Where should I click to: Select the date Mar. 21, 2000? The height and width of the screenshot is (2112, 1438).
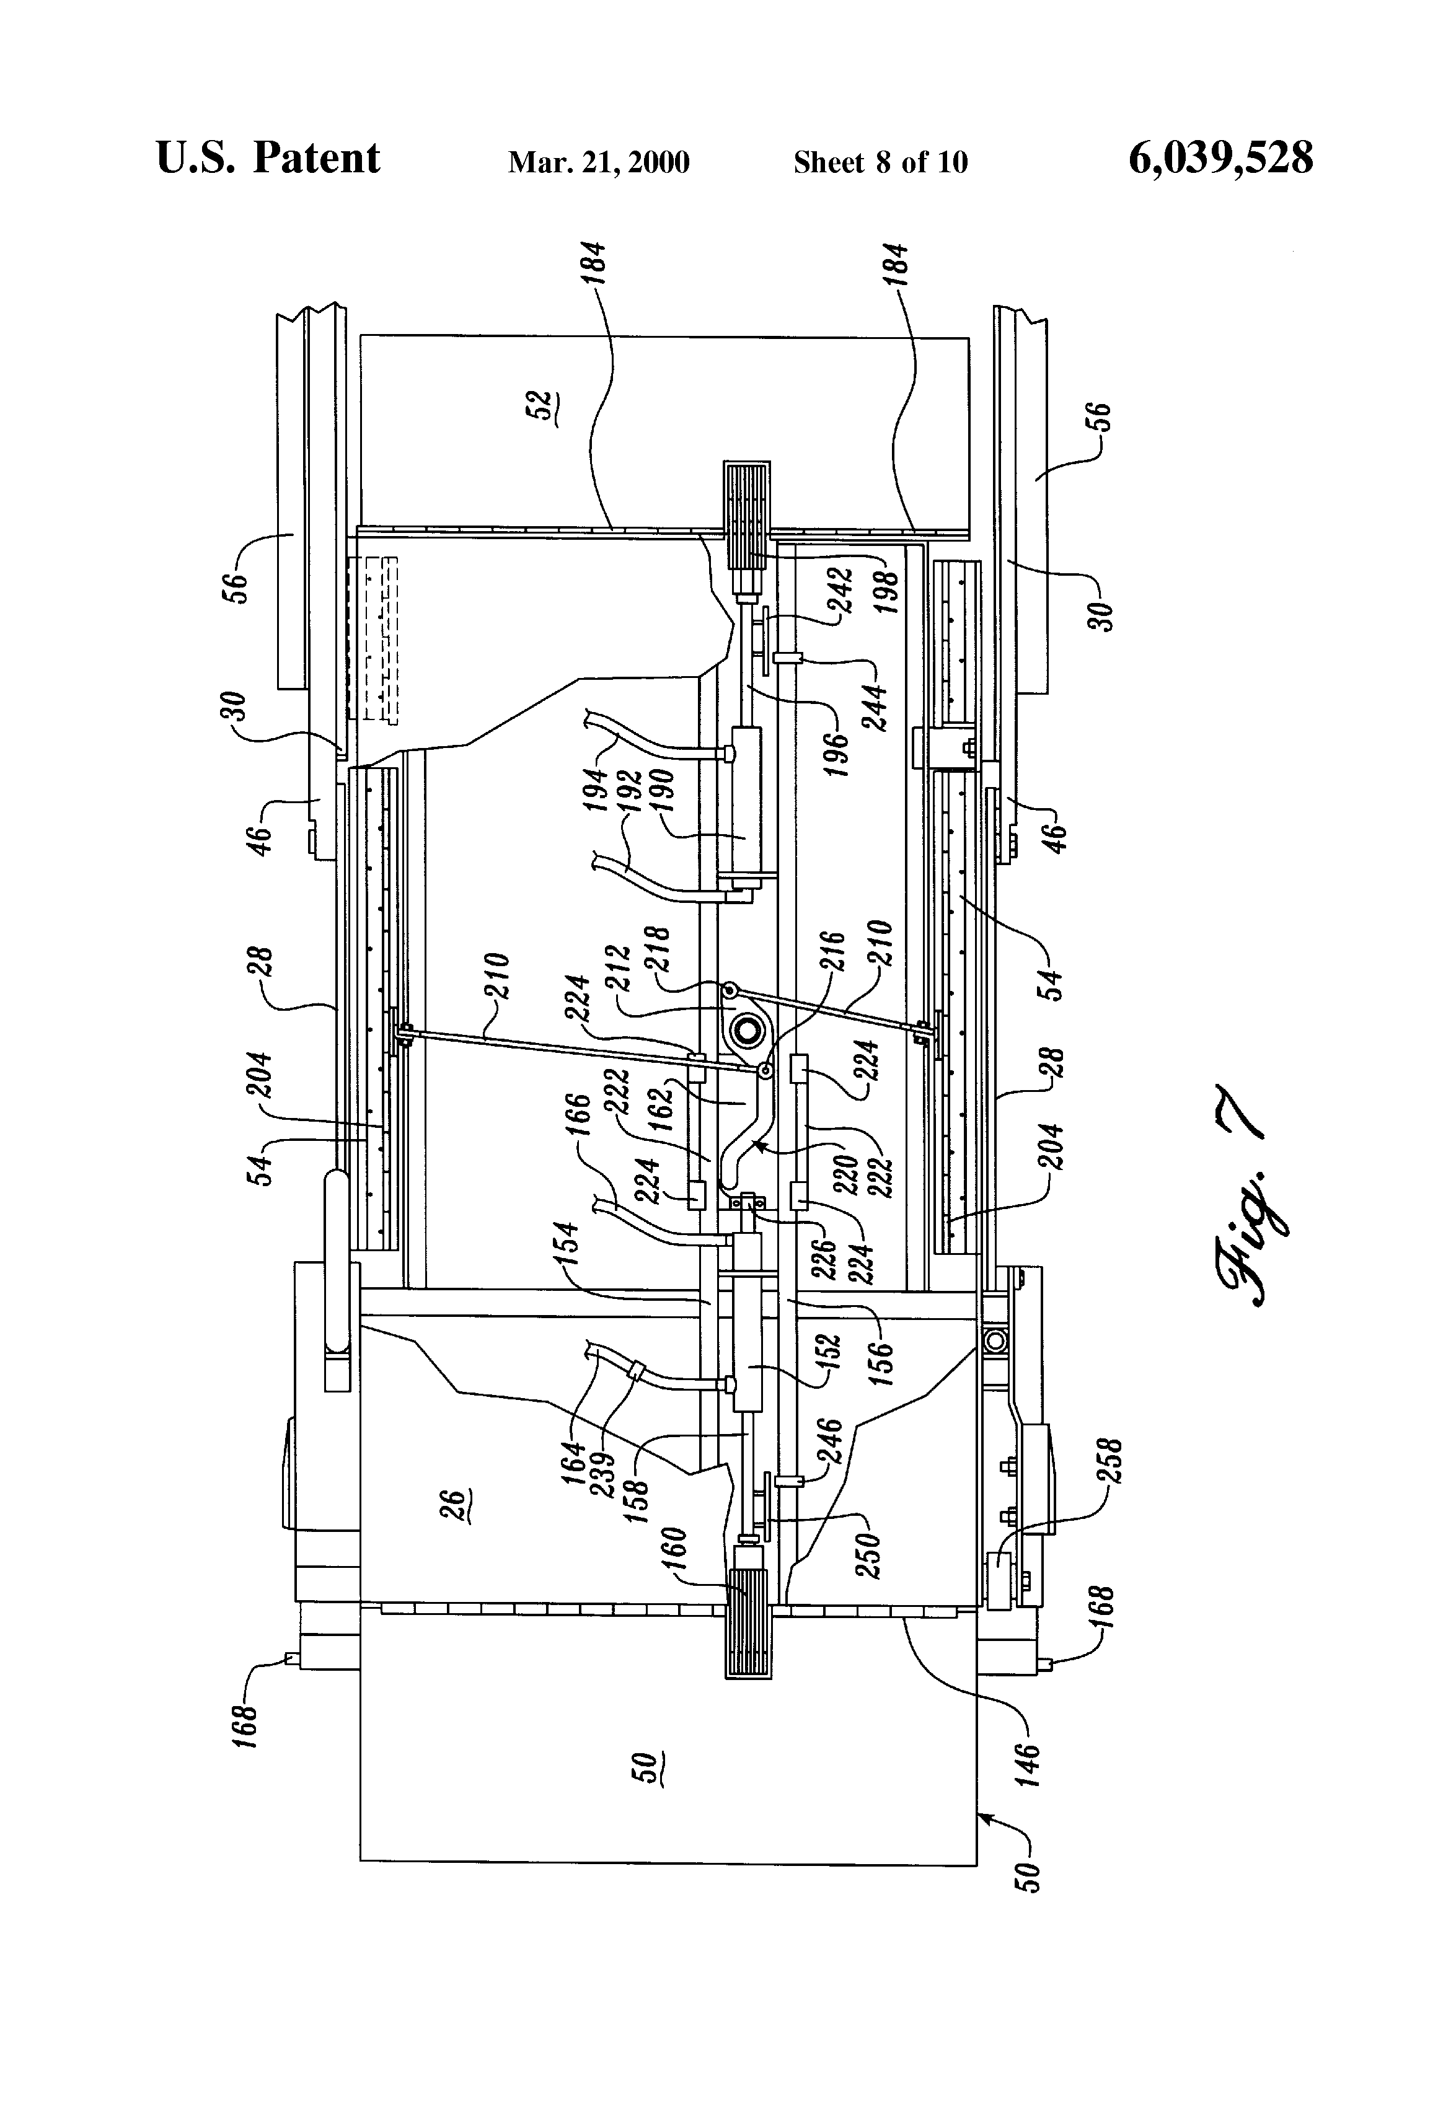coord(598,162)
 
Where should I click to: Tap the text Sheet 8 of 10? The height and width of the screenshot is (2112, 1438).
coord(880,162)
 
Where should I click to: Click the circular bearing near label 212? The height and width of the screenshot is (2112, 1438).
coord(746,1031)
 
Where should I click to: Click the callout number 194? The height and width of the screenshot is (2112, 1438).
coord(594,791)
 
